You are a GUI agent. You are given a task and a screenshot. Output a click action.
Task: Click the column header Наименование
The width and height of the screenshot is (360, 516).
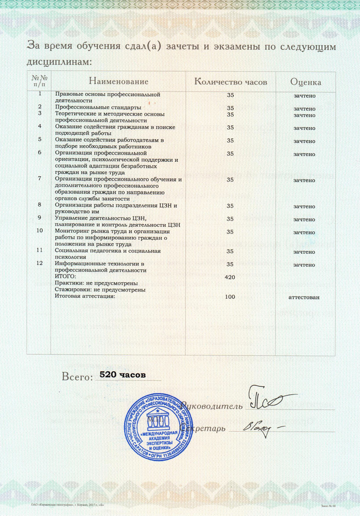[118, 82]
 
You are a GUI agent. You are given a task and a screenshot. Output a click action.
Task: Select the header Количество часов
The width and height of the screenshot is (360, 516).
[230, 82]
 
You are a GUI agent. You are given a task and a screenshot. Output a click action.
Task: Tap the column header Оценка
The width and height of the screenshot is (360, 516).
[306, 82]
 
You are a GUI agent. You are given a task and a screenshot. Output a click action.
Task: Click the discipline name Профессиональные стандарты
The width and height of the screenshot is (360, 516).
[98, 108]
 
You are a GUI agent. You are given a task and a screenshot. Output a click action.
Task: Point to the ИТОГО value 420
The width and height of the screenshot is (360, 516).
[230, 278]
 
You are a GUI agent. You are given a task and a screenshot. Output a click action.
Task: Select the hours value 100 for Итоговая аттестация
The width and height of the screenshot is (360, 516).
[230, 297]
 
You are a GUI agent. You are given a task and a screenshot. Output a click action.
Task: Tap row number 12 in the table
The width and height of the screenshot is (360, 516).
[40, 263]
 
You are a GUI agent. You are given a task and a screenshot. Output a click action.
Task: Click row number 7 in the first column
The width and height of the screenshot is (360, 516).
[40, 178]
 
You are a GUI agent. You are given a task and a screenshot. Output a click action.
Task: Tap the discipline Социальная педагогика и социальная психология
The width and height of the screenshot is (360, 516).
[108, 253]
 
